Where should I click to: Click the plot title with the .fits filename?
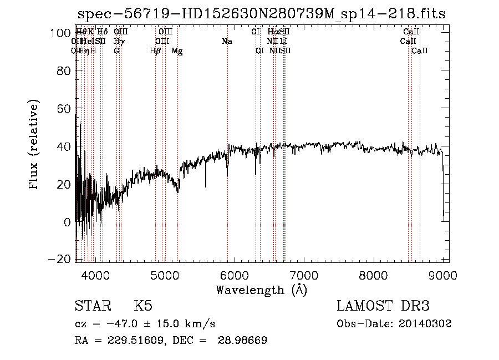[262, 14]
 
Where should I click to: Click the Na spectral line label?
[226, 41]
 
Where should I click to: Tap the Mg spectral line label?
[177, 50]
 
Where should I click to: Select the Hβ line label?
[155, 50]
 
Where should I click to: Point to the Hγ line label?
[118, 41]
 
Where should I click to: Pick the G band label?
[116, 50]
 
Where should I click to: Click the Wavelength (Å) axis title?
[261, 290]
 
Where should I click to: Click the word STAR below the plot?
[91, 306]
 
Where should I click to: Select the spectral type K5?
[143, 306]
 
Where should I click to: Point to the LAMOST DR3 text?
[383, 306]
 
